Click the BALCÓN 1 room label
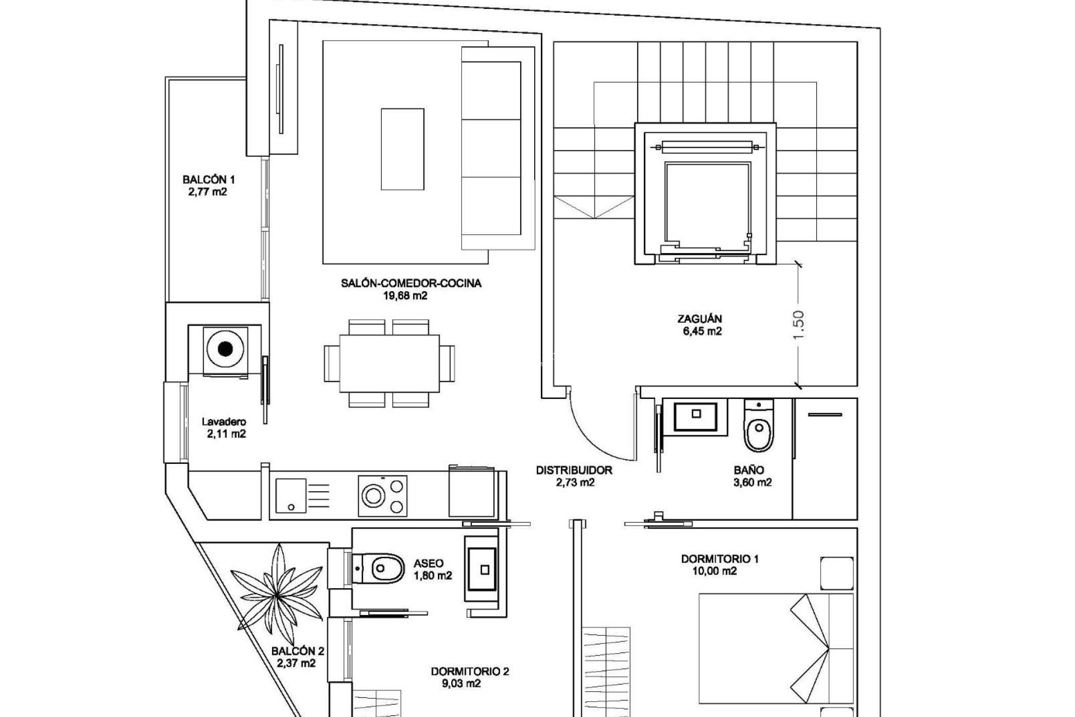click(x=208, y=180)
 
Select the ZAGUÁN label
click(x=699, y=319)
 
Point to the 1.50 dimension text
click(x=798, y=324)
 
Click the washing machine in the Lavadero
click(x=225, y=350)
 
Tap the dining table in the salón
click(x=389, y=363)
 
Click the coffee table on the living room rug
click(x=402, y=150)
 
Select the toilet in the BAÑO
click(x=759, y=429)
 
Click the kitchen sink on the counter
click(x=291, y=495)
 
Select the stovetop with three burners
click(x=383, y=495)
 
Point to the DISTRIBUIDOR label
click(x=574, y=471)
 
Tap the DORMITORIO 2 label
click(x=470, y=671)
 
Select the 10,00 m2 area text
click(x=714, y=571)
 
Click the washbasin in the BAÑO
click(x=696, y=415)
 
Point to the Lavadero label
click(x=224, y=422)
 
